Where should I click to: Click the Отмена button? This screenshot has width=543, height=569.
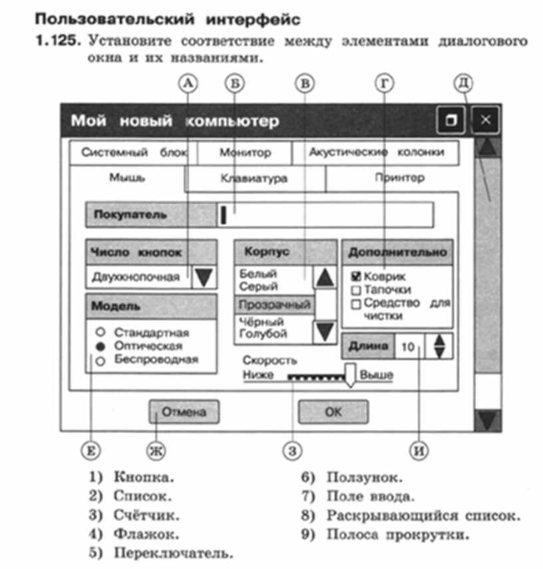pos(184,411)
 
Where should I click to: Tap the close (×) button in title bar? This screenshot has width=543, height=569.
pos(486,120)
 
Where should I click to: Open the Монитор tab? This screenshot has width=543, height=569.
pos(245,152)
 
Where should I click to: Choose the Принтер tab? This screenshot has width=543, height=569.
pos(399,178)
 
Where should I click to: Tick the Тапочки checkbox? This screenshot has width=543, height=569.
pos(356,290)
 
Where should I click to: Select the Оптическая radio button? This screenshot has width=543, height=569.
pos(100,346)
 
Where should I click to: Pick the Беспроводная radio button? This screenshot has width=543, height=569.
pos(100,361)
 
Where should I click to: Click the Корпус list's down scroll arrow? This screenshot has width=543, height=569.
pos(325,331)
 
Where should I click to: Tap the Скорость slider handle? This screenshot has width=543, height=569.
pos(350,373)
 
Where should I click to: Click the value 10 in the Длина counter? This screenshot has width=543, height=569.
pos(408,347)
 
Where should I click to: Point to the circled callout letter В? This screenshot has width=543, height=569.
pos(303,83)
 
